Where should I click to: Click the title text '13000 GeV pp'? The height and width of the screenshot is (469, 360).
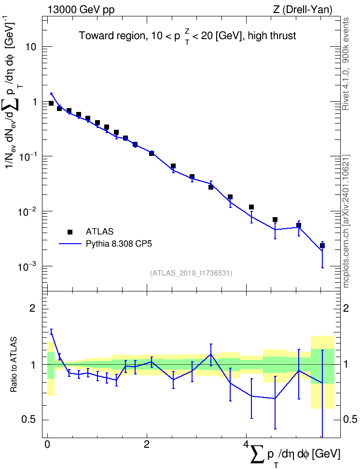[x=81, y=10]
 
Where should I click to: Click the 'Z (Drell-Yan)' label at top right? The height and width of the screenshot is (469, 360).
[x=303, y=10]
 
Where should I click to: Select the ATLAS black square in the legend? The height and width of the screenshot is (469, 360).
[x=70, y=232]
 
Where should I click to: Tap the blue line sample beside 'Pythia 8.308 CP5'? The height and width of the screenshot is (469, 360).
[x=70, y=244]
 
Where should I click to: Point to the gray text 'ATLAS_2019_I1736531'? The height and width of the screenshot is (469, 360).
[x=191, y=273]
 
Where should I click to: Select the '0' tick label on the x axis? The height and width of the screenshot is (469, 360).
[x=47, y=443]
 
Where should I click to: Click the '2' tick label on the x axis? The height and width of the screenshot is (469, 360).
[x=147, y=443]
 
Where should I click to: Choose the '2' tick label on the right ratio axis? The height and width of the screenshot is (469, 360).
[x=346, y=308]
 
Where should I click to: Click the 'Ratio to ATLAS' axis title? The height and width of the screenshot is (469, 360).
[x=14, y=364]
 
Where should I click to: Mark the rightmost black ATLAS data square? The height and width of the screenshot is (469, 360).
[x=322, y=246]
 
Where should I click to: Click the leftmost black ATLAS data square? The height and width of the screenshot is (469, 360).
[x=51, y=103]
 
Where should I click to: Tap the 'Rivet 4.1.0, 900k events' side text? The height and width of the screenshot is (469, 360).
[x=346, y=64]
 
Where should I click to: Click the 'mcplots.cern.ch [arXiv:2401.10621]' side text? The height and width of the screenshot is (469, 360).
[x=346, y=221]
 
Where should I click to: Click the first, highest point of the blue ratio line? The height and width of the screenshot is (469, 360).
[x=51, y=331]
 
